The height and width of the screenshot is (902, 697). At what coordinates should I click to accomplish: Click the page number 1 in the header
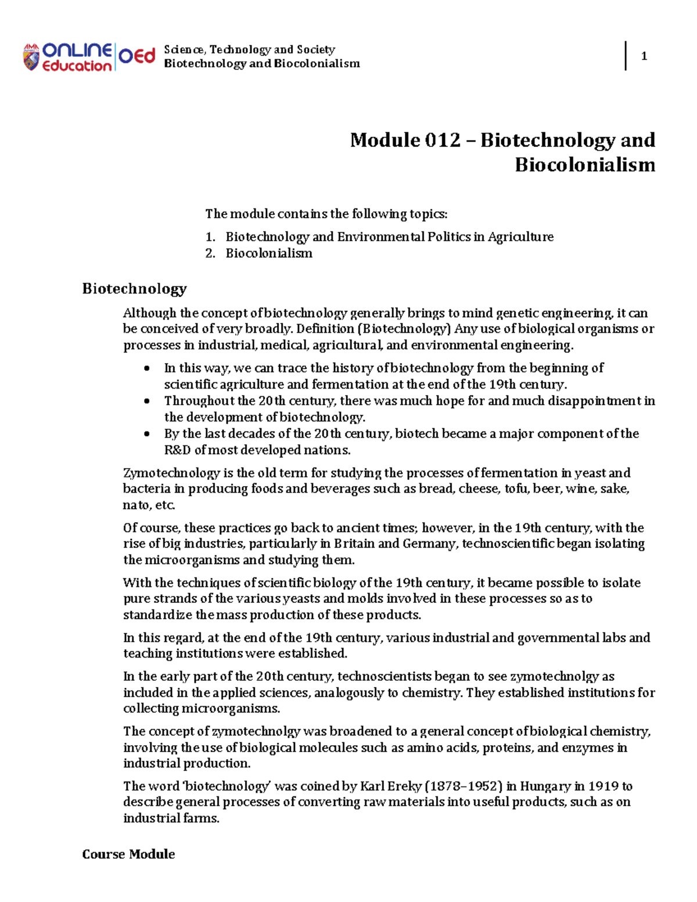tap(644, 56)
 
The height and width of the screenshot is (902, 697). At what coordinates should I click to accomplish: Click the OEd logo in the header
tap(137, 56)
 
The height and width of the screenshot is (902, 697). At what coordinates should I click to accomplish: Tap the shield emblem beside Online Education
tap(31, 57)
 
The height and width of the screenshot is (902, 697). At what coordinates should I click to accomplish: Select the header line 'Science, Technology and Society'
tap(249, 49)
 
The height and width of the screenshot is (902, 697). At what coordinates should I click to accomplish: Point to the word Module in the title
tap(385, 140)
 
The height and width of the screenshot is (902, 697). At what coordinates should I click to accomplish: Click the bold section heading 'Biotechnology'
tap(134, 289)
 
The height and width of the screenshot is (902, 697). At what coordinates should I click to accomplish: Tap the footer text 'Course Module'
tap(128, 854)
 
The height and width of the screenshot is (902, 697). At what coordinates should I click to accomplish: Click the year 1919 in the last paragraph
tap(603, 786)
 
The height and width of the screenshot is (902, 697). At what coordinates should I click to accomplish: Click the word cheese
tap(479, 489)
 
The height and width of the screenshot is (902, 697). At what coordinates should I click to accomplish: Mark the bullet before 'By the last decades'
tap(148, 434)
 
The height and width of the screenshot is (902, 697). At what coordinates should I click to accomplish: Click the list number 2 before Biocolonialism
tap(210, 253)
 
